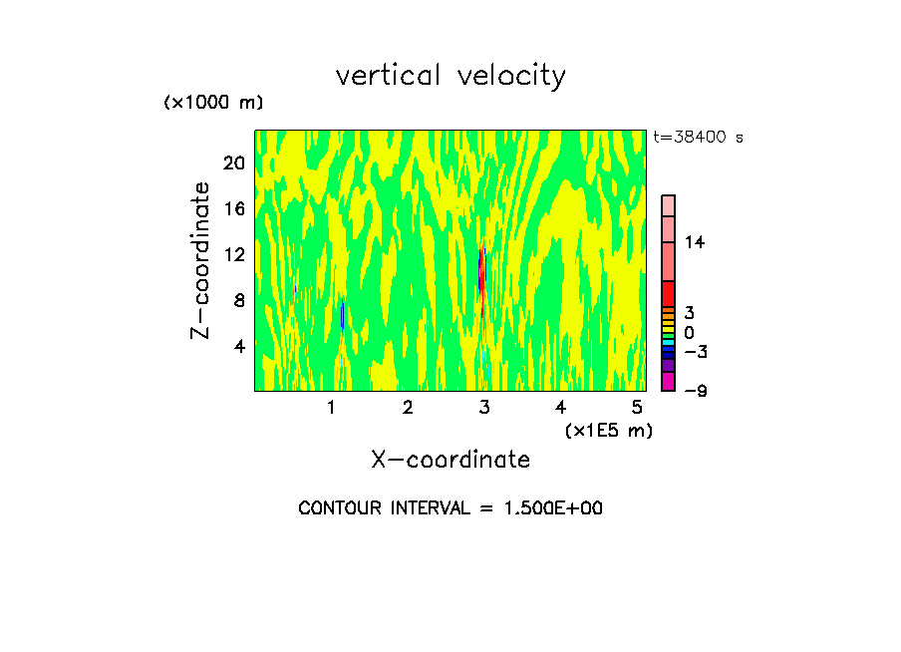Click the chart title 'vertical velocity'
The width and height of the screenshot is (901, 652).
(450, 76)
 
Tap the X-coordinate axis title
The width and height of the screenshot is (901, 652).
(450, 460)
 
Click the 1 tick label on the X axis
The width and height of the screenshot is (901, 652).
(331, 407)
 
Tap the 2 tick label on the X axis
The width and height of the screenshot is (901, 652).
(408, 407)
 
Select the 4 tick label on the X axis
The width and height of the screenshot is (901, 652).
(560, 407)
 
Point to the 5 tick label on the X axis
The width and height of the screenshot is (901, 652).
(637, 407)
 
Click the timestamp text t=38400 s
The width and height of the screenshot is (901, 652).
(698, 138)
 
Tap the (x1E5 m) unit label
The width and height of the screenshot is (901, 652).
(608, 431)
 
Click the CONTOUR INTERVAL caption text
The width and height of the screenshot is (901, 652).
(450, 508)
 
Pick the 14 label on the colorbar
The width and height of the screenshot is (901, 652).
(695, 242)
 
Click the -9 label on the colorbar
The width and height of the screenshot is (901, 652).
(695, 390)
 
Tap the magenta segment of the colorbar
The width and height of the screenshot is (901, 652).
(668, 381)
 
